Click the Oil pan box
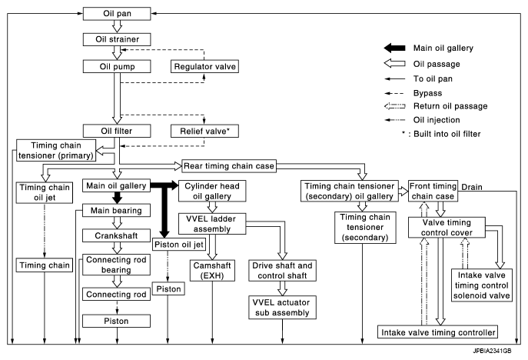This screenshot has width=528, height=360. [117, 14]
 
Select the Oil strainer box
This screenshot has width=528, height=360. [117, 39]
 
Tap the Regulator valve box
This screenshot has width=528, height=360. [204, 66]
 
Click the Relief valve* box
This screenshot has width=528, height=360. [204, 131]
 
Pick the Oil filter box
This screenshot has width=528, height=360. [117, 131]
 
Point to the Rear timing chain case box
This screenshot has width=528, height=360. [229, 166]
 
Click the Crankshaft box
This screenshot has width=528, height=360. [117, 235]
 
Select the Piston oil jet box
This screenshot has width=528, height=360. [179, 245]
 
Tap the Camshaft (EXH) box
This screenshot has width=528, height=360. [212, 270]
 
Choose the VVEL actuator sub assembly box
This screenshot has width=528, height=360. [282, 308]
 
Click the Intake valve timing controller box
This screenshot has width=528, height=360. [438, 332]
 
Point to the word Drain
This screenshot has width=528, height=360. [471, 187]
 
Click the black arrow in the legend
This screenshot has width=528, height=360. [394, 48]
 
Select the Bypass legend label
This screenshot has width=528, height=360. [427, 93]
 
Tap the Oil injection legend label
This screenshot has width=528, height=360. [437, 120]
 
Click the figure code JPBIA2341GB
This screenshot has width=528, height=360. [492, 351]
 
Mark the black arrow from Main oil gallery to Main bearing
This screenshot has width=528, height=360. [117, 198]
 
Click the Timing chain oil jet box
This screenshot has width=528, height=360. [45, 192]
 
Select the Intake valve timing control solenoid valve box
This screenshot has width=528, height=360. [482, 285]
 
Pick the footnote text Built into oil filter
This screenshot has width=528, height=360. [447, 134]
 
